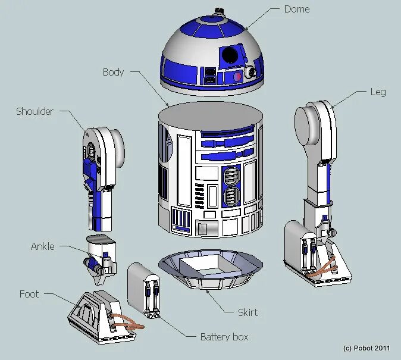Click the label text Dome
tap(296, 9)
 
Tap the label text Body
tap(113, 72)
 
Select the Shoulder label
tap(35, 111)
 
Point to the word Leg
tap(378, 92)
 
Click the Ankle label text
tap(42, 246)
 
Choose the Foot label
tap(29, 294)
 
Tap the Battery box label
tap(224, 337)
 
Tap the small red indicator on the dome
tap(237, 76)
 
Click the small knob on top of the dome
tap(219, 11)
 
